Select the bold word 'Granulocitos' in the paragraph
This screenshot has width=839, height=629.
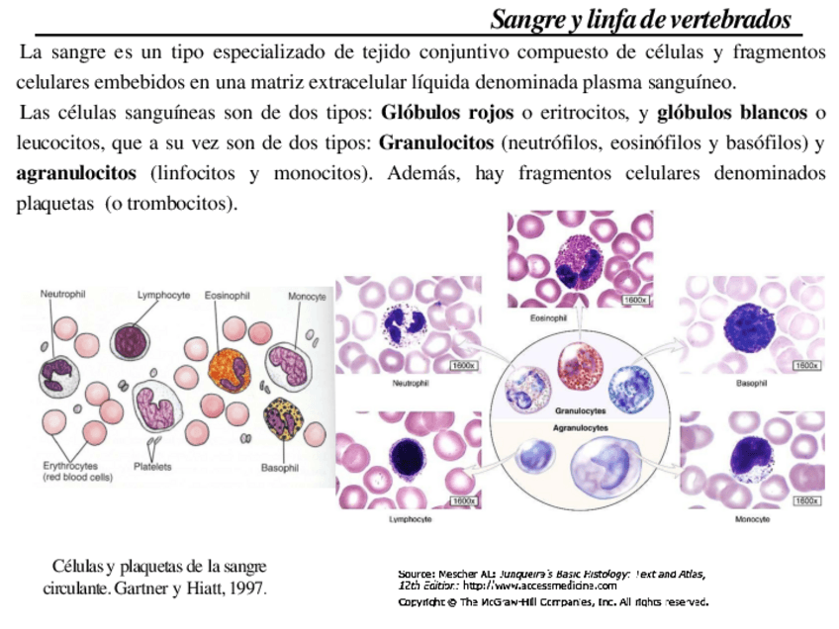click(436, 142)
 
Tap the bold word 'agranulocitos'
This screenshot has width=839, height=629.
click(76, 174)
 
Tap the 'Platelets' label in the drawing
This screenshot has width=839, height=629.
click(152, 466)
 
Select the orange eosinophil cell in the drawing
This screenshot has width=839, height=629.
click(230, 372)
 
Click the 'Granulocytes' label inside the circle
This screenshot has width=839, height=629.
click(581, 408)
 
